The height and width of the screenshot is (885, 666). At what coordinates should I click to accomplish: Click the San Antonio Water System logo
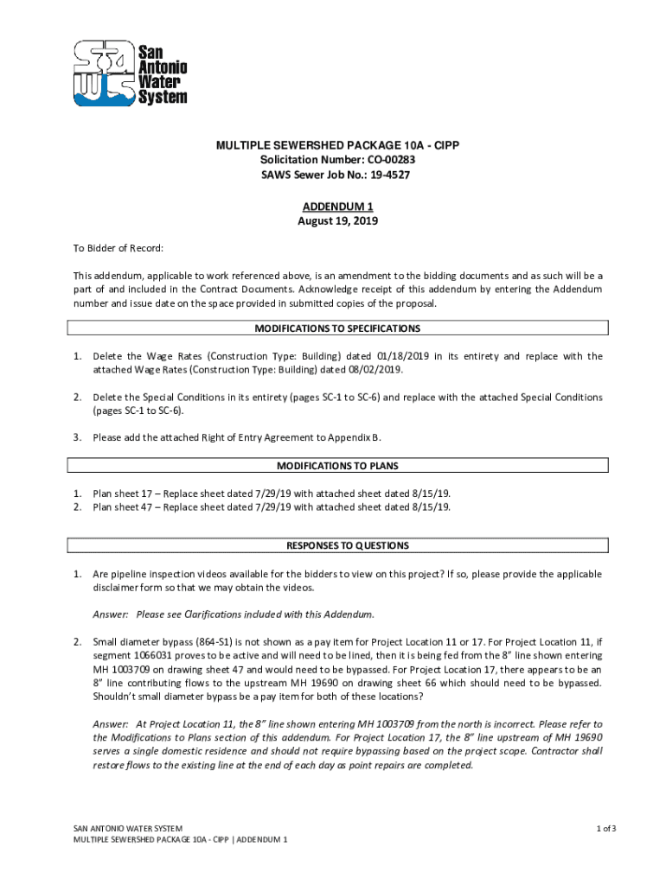(130, 73)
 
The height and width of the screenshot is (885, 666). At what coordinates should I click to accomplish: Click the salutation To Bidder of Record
(118, 249)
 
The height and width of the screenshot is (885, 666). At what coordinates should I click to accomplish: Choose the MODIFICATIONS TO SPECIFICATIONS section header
(337, 328)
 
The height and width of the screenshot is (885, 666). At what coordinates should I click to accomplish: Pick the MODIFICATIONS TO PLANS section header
(337, 466)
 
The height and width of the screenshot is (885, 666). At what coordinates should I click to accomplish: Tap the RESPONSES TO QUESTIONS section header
(337, 546)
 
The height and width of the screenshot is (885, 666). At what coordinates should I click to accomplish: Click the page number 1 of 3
(605, 829)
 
